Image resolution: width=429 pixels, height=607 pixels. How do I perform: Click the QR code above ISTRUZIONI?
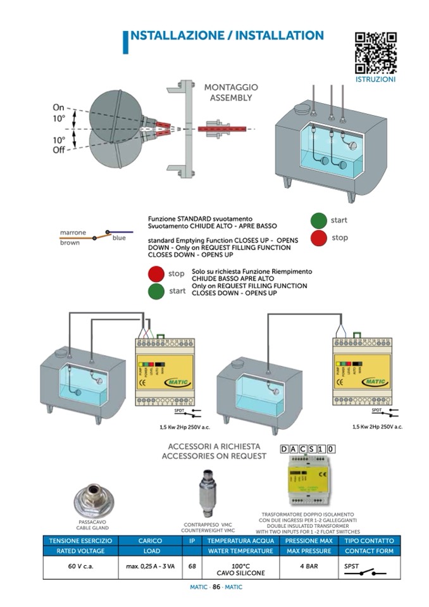click(x=376, y=53)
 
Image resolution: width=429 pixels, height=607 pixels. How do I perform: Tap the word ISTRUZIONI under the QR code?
click(x=376, y=80)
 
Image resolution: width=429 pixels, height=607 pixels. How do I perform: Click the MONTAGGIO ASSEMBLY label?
click(x=231, y=92)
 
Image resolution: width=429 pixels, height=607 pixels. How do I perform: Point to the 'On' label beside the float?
click(x=58, y=108)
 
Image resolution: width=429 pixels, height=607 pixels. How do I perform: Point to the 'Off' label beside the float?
click(x=58, y=150)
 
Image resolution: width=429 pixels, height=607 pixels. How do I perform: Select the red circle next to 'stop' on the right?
click(x=320, y=238)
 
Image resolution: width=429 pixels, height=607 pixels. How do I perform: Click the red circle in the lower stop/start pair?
click(x=156, y=275)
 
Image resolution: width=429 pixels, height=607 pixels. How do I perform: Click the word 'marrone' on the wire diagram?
click(x=73, y=232)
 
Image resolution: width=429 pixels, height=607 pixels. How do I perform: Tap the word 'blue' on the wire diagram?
click(x=119, y=238)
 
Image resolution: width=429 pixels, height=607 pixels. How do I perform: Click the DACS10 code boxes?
click(x=308, y=449)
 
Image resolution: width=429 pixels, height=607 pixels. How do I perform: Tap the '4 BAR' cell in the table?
click(x=308, y=566)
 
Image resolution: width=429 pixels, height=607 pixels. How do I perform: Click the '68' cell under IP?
click(x=192, y=566)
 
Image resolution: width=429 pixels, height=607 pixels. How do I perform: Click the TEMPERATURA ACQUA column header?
click(x=240, y=541)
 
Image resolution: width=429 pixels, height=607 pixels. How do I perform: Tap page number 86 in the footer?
click(x=216, y=587)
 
